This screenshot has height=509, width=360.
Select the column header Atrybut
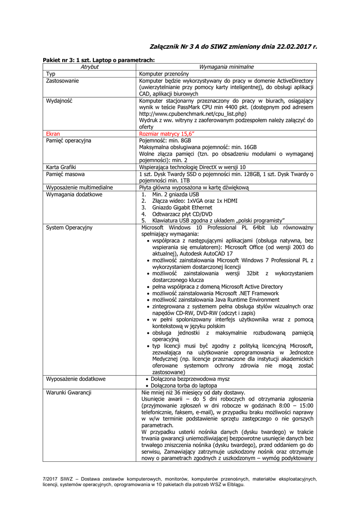[90, 67]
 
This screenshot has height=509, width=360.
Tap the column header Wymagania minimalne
[226, 67]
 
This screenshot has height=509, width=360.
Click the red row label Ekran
[53, 134]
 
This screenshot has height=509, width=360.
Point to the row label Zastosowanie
[63, 80]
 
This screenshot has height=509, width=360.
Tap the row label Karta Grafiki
[61, 167]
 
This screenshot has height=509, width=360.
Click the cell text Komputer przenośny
[164, 74]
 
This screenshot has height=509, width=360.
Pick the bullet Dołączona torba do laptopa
[184, 385]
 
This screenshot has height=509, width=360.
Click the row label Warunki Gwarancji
[69, 392]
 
